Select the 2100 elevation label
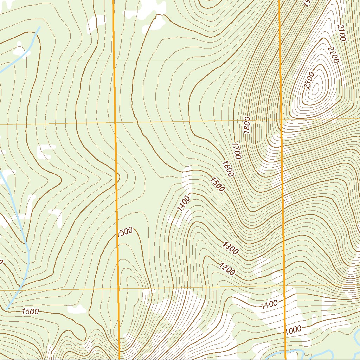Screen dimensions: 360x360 [341, 33]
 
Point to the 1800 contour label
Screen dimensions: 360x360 [246, 125]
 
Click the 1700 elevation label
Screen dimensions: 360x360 [237, 151]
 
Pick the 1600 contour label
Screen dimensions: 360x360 [228, 169]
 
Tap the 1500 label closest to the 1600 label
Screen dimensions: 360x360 [217, 185]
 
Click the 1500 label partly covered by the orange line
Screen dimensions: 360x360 [125, 232]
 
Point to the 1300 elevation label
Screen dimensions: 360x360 [231, 248]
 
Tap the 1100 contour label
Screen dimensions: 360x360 [270, 304]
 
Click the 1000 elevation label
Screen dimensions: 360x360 [294, 330]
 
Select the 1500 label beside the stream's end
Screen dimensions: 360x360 [30, 311]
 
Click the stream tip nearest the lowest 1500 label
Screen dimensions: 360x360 [7, 309]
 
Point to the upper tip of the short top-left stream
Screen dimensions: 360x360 [39, 27]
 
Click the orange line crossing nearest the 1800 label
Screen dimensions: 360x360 [282, 121]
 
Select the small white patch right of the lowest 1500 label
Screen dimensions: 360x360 [77, 309]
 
